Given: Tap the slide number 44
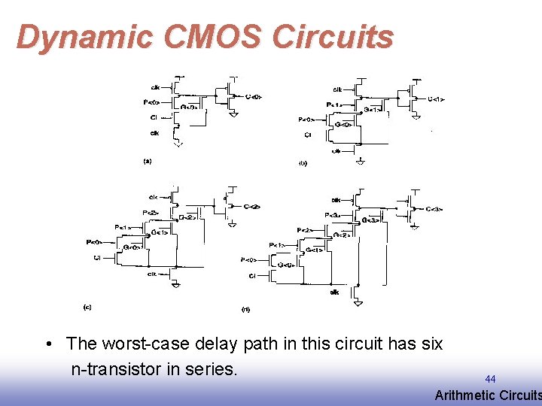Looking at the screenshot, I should (490, 379).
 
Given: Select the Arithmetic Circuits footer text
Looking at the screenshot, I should (488, 395).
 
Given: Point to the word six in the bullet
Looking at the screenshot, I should (431, 344).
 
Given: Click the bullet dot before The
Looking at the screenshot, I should (48, 344).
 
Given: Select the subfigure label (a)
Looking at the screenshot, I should (148, 160).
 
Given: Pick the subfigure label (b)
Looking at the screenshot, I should (303, 162).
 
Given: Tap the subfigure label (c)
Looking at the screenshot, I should (87, 307).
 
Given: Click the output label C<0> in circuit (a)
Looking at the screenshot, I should (254, 96).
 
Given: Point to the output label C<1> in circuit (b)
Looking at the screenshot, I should (436, 98).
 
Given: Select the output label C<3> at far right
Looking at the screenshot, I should (434, 209).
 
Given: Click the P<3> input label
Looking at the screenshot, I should (331, 216).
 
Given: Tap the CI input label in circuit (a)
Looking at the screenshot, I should (154, 117).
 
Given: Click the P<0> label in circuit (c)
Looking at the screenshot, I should (94, 242).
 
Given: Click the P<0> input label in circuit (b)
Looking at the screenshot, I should (306, 119).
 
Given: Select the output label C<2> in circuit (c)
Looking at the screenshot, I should (253, 206).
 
